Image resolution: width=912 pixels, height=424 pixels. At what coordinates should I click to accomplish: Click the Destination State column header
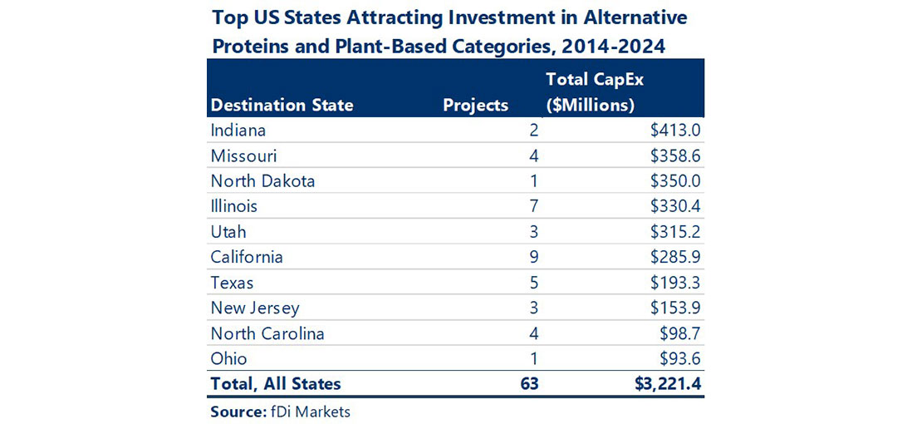282,106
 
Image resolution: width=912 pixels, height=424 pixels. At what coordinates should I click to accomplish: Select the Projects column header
475,106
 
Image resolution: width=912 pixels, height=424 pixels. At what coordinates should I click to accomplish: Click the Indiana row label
238,131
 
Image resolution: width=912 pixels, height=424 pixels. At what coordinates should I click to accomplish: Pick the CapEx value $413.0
678,131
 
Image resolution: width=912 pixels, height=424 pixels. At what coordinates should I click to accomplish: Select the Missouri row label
243,155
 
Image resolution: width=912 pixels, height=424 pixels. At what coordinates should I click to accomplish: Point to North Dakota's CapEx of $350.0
678,181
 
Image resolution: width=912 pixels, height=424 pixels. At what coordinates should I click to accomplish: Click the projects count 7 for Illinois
534,206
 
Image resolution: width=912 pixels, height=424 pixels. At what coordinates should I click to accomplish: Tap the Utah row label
228,232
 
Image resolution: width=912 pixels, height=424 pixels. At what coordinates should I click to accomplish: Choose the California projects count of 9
534,257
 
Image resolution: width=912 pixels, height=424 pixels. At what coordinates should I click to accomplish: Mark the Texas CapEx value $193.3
678,283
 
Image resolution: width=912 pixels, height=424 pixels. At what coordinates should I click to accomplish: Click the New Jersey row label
254,308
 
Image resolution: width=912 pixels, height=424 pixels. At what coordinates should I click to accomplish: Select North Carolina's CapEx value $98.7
682,333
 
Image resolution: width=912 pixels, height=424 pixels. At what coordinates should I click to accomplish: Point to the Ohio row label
228,358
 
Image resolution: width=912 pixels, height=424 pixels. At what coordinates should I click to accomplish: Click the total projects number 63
529,383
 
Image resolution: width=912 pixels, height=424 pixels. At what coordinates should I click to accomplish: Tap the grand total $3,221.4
666,383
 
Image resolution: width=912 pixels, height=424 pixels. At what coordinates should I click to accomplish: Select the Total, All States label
276,383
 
